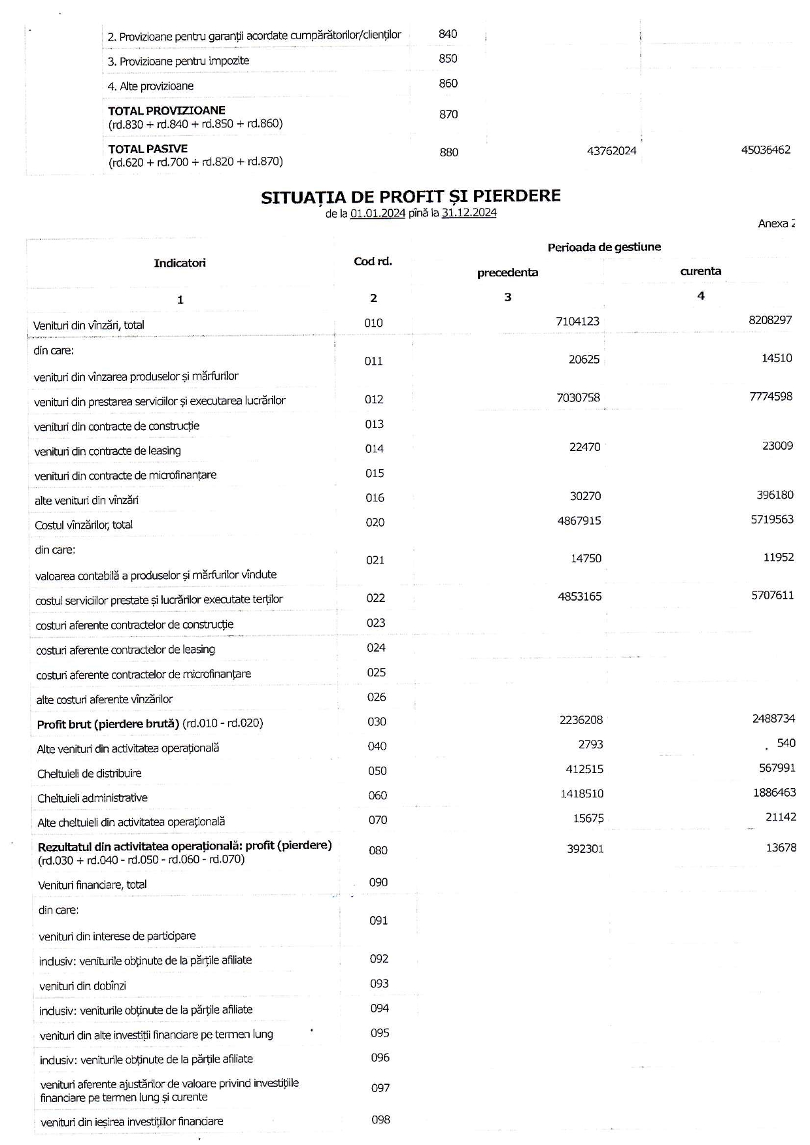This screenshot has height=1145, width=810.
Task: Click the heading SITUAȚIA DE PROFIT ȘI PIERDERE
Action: (411, 197)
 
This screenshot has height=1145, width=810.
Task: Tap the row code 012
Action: (374, 399)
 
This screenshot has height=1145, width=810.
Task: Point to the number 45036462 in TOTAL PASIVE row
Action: (766, 150)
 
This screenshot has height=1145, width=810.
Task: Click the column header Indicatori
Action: (180, 263)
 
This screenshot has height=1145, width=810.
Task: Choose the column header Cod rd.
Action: (373, 261)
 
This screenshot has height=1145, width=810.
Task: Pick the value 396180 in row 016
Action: (775, 495)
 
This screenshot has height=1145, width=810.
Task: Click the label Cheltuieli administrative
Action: (92, 798)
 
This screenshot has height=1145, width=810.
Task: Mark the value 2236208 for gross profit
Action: (581, 720)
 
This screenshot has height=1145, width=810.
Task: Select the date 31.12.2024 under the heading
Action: (469, 213)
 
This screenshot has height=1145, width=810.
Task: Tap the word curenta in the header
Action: (701, 271)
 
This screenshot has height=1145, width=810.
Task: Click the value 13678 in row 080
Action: (781, 848)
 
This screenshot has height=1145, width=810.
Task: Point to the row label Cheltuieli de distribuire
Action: (90, 773)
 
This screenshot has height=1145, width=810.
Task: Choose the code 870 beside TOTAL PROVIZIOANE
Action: (448, 114)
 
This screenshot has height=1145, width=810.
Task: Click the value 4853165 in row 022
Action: (580, 597)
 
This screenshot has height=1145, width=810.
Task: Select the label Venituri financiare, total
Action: (92, 885)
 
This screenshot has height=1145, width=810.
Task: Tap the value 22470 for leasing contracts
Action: (584, 447)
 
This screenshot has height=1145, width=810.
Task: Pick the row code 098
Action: (380, 1120)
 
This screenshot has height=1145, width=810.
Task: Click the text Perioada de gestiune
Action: (604, 247)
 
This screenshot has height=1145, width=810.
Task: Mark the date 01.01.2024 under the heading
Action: (378, 213)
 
